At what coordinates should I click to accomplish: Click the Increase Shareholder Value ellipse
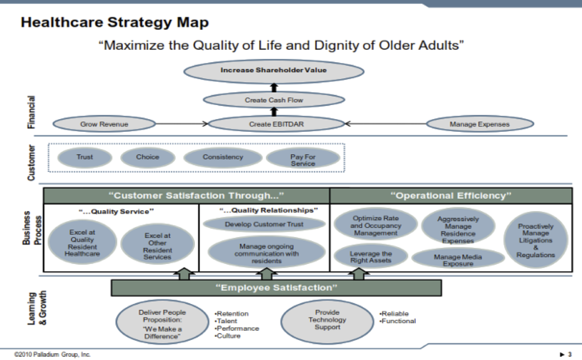274,71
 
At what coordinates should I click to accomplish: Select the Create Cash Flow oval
274,100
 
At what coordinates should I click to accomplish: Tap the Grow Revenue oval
104,124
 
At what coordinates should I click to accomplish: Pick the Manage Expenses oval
480,124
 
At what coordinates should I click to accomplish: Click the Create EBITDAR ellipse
276,124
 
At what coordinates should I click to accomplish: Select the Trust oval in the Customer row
85,157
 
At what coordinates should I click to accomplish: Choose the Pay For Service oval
303,159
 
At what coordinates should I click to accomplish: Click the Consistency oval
223,157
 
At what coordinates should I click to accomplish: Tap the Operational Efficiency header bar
451,196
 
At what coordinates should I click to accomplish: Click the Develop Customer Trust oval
264,224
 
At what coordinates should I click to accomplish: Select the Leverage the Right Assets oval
370,257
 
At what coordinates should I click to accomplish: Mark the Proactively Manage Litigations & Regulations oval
535,240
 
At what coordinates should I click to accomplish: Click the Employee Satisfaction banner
276,288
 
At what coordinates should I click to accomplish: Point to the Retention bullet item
232,313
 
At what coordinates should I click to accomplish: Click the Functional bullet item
398,321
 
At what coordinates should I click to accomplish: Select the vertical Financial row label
31,112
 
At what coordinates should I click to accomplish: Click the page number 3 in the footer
570,354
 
